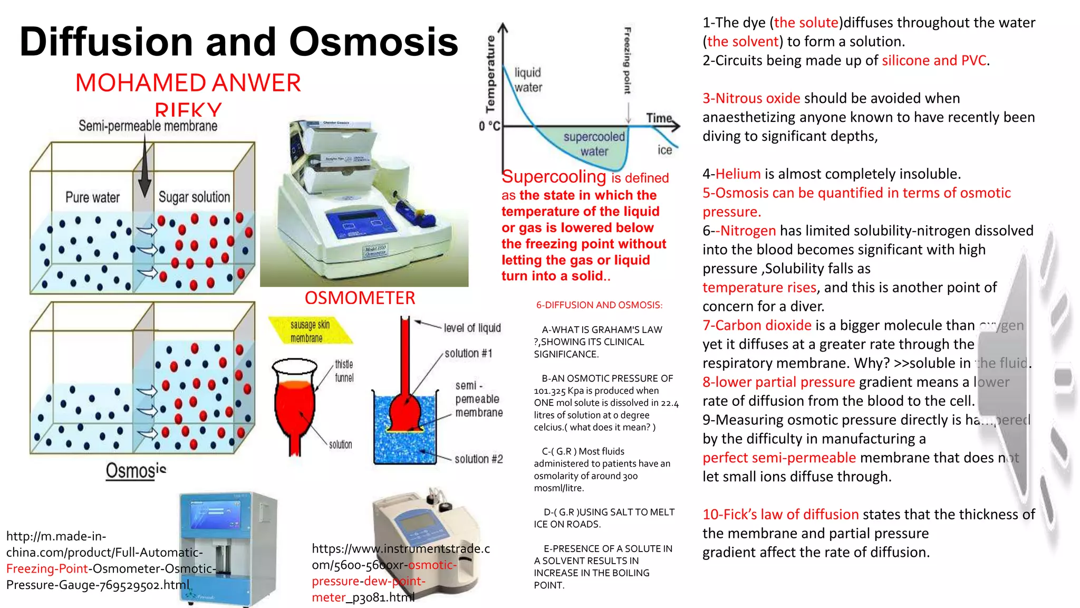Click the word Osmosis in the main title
[x=373, y=42]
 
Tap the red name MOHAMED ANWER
[x=188, y=83]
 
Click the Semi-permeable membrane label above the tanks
[x=148, y=126]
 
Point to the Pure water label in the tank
[x=92, y=197]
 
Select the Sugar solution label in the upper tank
[x=194, y=197]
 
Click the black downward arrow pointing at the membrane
[x=145, y=169]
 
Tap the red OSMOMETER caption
[x=360, y=298]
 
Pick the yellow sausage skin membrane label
[x=310, y=331]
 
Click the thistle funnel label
[x=344, y=371]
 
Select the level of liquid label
[x=472, y=328]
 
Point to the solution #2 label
[x=478, y=459]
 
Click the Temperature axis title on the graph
[x=490, y=74]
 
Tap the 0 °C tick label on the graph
[x=489, y=126]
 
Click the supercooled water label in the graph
[x=594, y=144]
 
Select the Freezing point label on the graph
[x=628, y=61]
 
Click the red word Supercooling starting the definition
[x=554, y=176]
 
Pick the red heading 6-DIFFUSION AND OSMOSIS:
[x=599, y=305]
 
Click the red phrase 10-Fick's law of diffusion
[x=780, y=515]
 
